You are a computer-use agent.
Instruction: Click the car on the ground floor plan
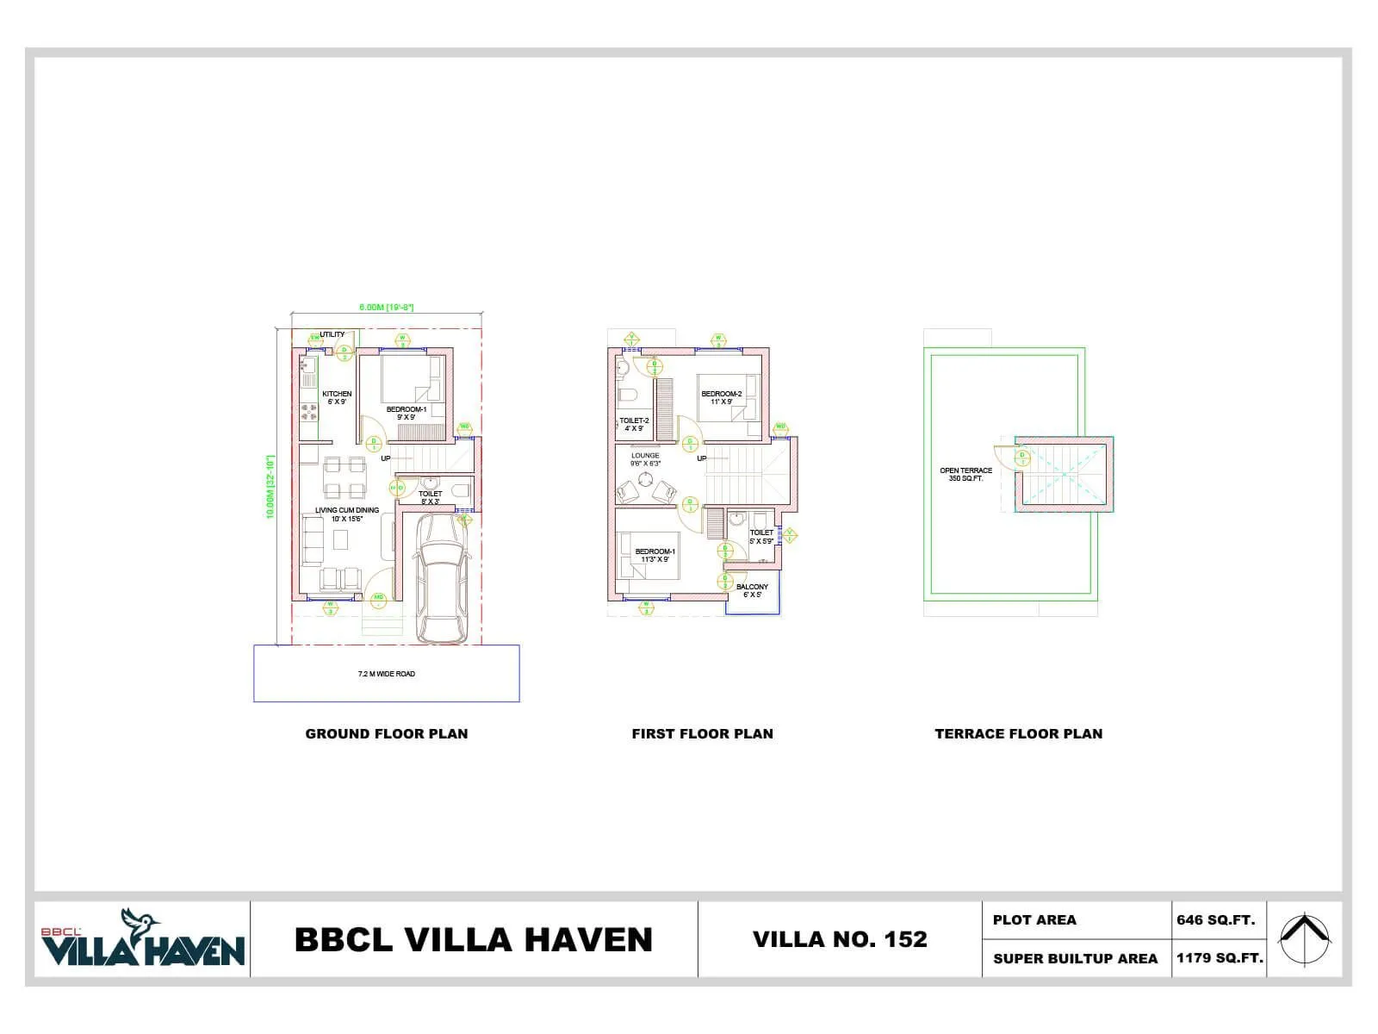pyautogui.click(x=440, y=579)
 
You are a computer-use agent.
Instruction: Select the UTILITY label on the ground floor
pyautogui.click(x=332, y=334)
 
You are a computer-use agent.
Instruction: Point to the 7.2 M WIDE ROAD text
pyautogui.click(x=386, y=674)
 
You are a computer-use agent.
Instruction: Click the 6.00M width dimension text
pyautogui.click(x=386, y=307)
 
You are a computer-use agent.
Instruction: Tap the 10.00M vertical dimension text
pyautogui.click(x=270, y=487)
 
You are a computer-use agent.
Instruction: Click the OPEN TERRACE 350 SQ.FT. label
pyautogui.click(x=965, y=474)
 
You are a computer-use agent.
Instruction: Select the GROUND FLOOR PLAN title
pyautogui.click(x=387, y=734)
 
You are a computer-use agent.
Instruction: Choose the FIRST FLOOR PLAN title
pyautogui.click(x=702, y=734)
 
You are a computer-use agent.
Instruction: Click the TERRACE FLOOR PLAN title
pyautogui.click(x=1018, y=734)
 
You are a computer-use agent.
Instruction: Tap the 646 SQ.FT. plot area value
pyautogui.click(x=1215, y=920)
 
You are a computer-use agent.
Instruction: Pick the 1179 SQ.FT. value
pyautogui.click(x=1219, y=958)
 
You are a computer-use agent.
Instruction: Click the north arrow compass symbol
pyautogui.click(x=1303, y=938)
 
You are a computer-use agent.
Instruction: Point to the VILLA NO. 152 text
pyautogui.click(x=840, y=939)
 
